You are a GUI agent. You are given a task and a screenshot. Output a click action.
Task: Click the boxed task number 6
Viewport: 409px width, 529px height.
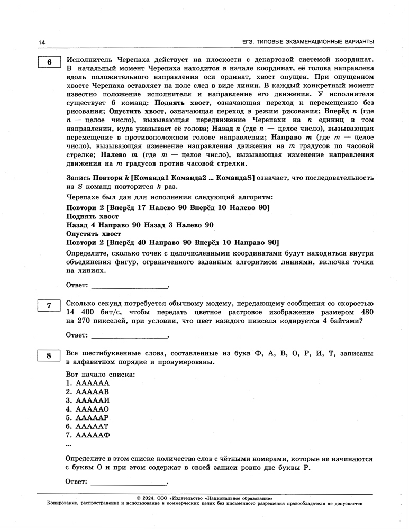(49, 62)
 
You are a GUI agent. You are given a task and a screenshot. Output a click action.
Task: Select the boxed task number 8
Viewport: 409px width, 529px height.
(49, 356)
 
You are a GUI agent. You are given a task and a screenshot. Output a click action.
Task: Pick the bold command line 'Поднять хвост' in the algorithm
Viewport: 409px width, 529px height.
(92, 217)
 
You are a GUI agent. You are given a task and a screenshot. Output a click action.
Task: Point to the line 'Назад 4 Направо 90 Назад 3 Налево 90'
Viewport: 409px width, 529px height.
(140, 225)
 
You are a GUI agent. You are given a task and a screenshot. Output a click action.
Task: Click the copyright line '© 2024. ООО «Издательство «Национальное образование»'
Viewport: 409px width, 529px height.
(204, 498)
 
